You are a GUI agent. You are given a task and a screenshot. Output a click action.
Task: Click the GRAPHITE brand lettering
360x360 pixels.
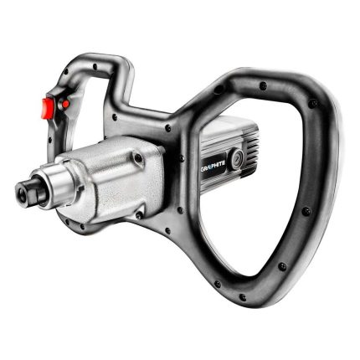pos(216,166)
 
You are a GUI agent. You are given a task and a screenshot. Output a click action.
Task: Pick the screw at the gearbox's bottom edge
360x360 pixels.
pos(139,215)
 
